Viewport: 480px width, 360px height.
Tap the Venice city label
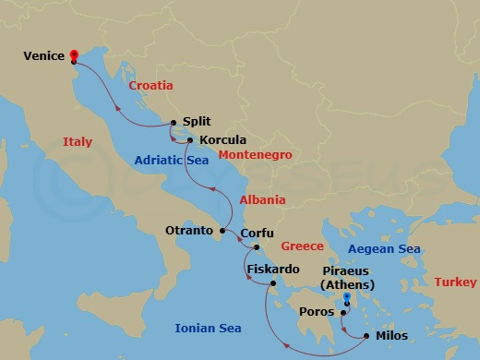coord(44,56)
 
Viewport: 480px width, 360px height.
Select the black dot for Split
coord(173,122)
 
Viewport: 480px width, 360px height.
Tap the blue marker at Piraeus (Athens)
coord(346,297)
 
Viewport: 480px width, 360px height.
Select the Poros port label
coord(322,312)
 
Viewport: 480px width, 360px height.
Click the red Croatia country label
coord(151,85)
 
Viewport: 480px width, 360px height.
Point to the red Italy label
coord(78,142)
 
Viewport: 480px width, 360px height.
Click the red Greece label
coord(302,246)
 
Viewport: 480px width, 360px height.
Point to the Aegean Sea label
coord(384,249)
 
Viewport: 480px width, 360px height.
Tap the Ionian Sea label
coord(208,328)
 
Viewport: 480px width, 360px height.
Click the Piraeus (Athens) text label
coord(347,279)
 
